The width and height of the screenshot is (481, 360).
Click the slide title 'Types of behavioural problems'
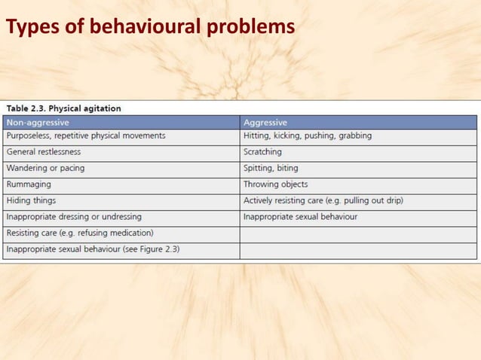tap(150, 28)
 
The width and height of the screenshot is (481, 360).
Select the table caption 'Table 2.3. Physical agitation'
tap(63, 108)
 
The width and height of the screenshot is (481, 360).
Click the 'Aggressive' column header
tap(265, 122)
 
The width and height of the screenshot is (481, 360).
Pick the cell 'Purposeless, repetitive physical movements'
tap(85, 136)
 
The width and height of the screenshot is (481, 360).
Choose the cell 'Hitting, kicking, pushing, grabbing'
tap(307, 136)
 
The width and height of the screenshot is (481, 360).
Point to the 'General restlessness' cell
tap(44, 151)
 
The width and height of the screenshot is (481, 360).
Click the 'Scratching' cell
tap(262, 151)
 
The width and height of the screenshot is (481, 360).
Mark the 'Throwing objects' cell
tap(275, 184)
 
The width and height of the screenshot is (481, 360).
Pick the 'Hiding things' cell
tap(31, 200)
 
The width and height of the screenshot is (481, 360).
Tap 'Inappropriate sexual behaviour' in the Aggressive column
tap(300, 217)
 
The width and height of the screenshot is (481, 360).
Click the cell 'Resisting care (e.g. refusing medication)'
tap(80, 233)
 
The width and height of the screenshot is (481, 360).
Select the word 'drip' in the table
tap(392, 200)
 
